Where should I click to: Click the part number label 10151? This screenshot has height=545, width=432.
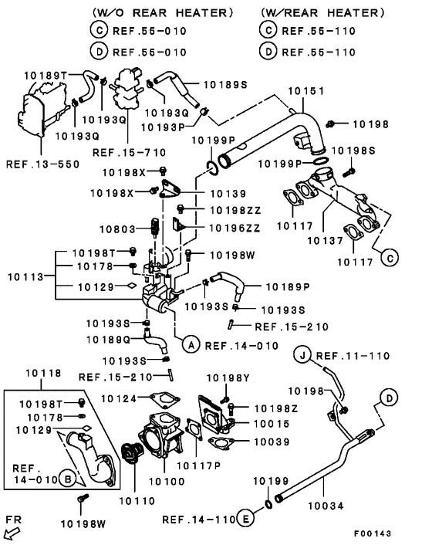[305, 91]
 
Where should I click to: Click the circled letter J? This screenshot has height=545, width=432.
[305, 355]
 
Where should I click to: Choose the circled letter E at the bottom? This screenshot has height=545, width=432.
[245, 519]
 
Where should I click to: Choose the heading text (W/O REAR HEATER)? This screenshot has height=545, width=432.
[163, 13]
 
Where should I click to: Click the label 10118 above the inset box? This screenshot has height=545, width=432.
[40, 373]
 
